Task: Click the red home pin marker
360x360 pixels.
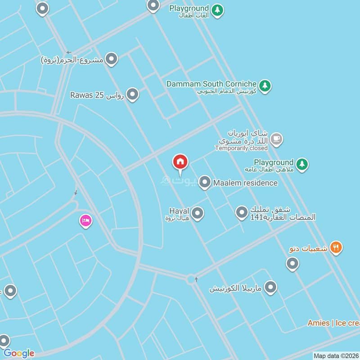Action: click(x=180, y=162)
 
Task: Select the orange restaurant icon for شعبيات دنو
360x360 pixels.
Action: click(x=336, y=247)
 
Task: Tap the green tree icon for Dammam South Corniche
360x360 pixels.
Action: click(x=265, y=85)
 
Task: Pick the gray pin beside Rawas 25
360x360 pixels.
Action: click(x=132, y=94)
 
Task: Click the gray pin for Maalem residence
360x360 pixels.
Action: click(x=205, y=182)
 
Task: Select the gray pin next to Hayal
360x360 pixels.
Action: click(x=198, y=213)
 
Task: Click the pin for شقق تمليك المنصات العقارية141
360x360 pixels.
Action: click(x=242, y=211)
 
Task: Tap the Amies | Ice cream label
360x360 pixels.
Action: click(x=333, y=323)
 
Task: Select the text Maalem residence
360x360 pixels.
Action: click(x=245, y=183)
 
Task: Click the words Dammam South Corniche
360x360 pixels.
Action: click(x=211, y=84)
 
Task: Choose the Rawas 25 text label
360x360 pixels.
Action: click(x=87, y=95)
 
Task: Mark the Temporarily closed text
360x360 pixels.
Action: click(x=241, y=148)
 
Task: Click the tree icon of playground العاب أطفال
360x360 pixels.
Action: click(x=217, y=9)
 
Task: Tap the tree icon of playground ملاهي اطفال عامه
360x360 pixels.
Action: click(x=302, y=164)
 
